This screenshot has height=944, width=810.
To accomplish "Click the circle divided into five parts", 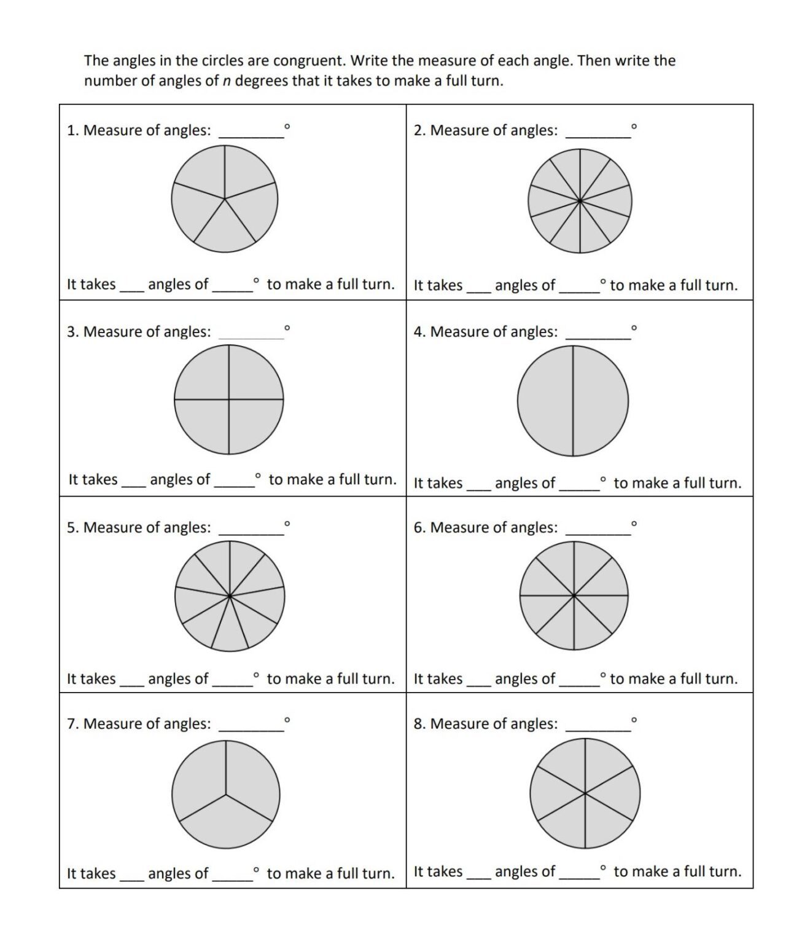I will pos(224,199).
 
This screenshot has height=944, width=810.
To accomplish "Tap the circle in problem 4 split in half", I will pos(573,401).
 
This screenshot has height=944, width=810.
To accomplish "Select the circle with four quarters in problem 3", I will pos(229,399).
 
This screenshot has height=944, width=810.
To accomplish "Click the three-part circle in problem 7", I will pos(226,795).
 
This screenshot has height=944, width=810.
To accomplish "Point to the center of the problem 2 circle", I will pos(580,200).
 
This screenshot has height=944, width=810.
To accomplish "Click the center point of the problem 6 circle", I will pos(574,595).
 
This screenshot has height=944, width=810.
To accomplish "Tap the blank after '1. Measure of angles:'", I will pos(251,132).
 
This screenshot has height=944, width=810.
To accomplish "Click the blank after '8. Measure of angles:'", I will pos(598,725).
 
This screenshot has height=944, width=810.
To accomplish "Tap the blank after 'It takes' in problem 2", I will pos(478,288).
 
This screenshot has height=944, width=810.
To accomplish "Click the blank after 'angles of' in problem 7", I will pos(232,875).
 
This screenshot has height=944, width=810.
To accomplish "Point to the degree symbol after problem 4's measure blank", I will pos(634,328).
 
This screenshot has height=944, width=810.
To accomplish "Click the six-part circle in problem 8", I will pos(585,793).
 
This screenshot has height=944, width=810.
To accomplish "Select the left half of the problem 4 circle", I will pos(545,401).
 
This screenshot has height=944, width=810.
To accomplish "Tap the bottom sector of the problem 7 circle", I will pos(226,827).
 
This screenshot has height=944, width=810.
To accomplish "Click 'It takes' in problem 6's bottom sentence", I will pos(438,678).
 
